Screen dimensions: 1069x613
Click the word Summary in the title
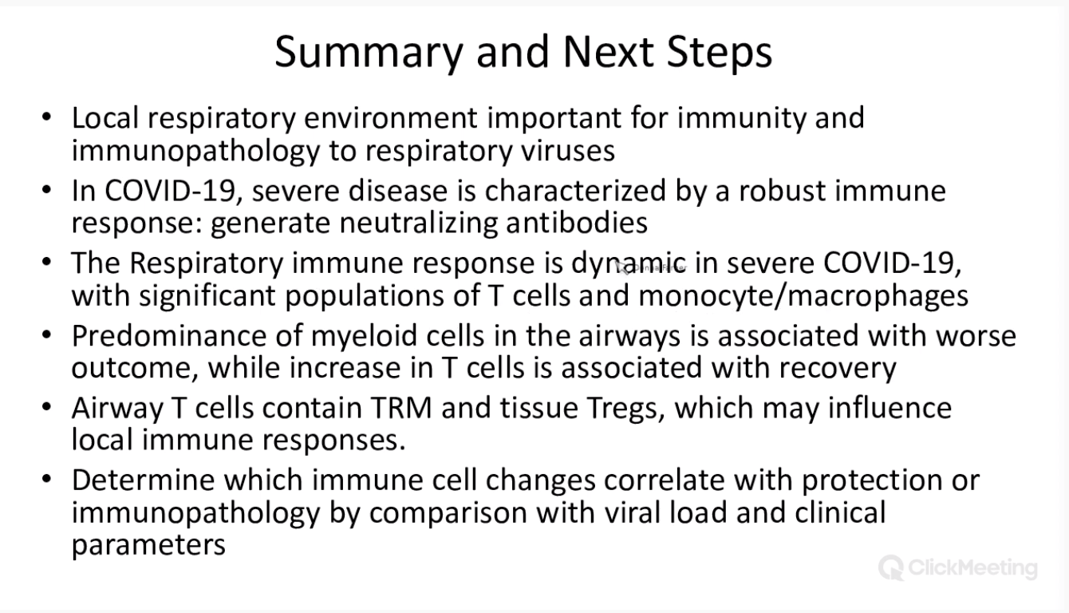[x=369, y=53]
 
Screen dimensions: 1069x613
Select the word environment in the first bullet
[x=390, y=118]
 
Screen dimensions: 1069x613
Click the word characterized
[x=575, y=191]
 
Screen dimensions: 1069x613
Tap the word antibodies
[x=577, y=223]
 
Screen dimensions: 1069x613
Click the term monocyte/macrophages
[x=803, y=296]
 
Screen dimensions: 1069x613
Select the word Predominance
[x=169, y=335]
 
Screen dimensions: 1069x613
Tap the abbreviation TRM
[x=401, y=408]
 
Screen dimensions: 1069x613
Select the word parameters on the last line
[x=148, y=546]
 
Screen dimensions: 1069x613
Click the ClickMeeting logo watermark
[x=958, y=568]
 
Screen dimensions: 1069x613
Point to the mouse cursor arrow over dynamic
[x=622, y=268]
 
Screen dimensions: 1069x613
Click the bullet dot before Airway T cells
[x=46, y=407]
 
